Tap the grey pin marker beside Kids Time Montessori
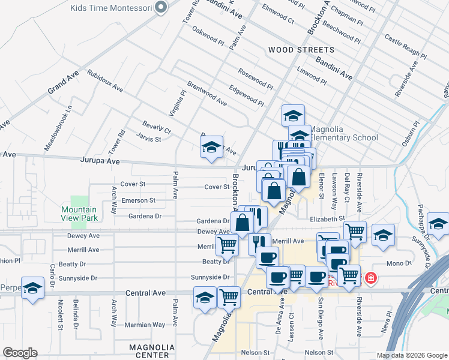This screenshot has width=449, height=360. click(160, 8)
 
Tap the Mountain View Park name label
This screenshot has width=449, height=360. click(79, 214)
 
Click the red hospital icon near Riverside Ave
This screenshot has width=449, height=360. click(371, 278)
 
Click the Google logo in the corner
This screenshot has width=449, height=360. click(20, 353)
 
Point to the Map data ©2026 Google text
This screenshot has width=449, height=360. click(411, 355)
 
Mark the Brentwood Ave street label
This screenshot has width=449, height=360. click(206, 94)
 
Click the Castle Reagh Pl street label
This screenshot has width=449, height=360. click(405, 48)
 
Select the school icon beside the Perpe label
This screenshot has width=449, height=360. click(32, 287)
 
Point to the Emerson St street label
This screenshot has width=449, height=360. click(138, 200)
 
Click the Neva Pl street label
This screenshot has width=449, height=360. click(386, 321)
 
